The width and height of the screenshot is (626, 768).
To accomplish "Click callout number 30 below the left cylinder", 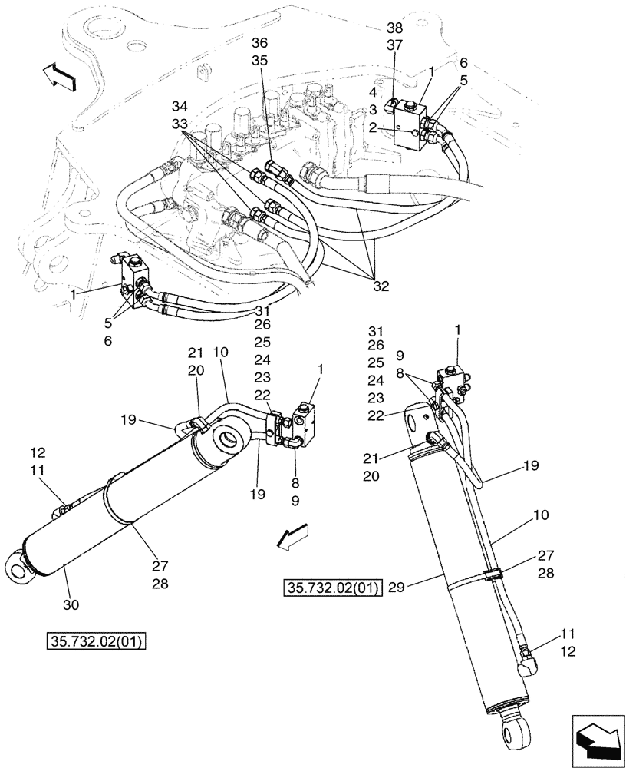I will coord(71,605).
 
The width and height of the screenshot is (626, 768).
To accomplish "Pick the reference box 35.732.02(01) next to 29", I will coord(332,590).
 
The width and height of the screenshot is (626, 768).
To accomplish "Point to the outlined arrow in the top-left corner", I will coord(58,75).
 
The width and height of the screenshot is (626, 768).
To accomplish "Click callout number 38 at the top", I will coord(395,28).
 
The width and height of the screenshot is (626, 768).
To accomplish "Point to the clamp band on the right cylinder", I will coord(493,574).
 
